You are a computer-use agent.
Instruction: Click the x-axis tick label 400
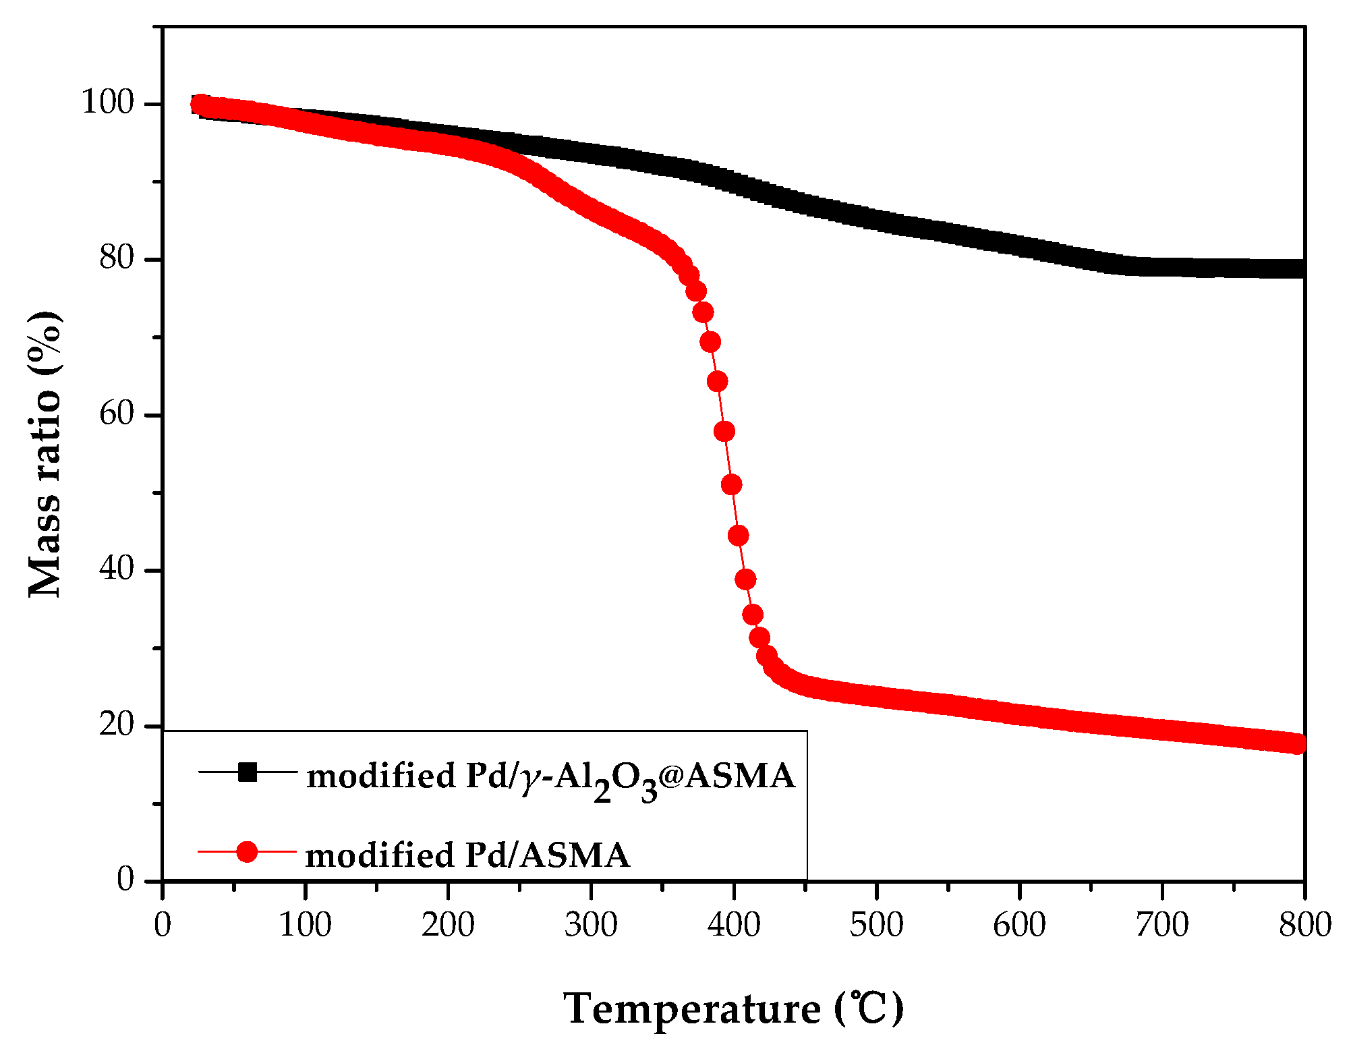click(x=733, y=925)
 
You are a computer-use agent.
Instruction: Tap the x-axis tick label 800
click(x=1304, y=925)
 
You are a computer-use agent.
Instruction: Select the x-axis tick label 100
click(x=305, y=925)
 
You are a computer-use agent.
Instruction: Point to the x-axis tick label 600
click(x=1019, y=925)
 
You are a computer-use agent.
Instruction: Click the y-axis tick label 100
click(x=108, y=103)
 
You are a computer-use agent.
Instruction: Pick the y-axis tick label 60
click(x=117, y=414)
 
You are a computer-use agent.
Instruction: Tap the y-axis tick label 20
click(x=117, y=725)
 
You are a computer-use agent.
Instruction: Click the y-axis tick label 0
click(x=125, y=880)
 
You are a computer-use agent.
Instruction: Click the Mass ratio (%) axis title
click(x=45, y=455)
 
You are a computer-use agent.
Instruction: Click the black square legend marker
click(x=248, y=772)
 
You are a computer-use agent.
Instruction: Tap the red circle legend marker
click(x=248, y=851)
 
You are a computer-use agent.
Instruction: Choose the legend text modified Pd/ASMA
click(x=467, y=855)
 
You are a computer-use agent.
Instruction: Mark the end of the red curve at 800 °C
click(x=1297, y=743)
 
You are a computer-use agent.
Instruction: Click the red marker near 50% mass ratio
click(x=731, y=484)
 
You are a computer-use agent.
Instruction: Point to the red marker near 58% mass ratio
click(x=724, y=431)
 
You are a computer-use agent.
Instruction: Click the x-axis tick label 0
click(x=163, y=925)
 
